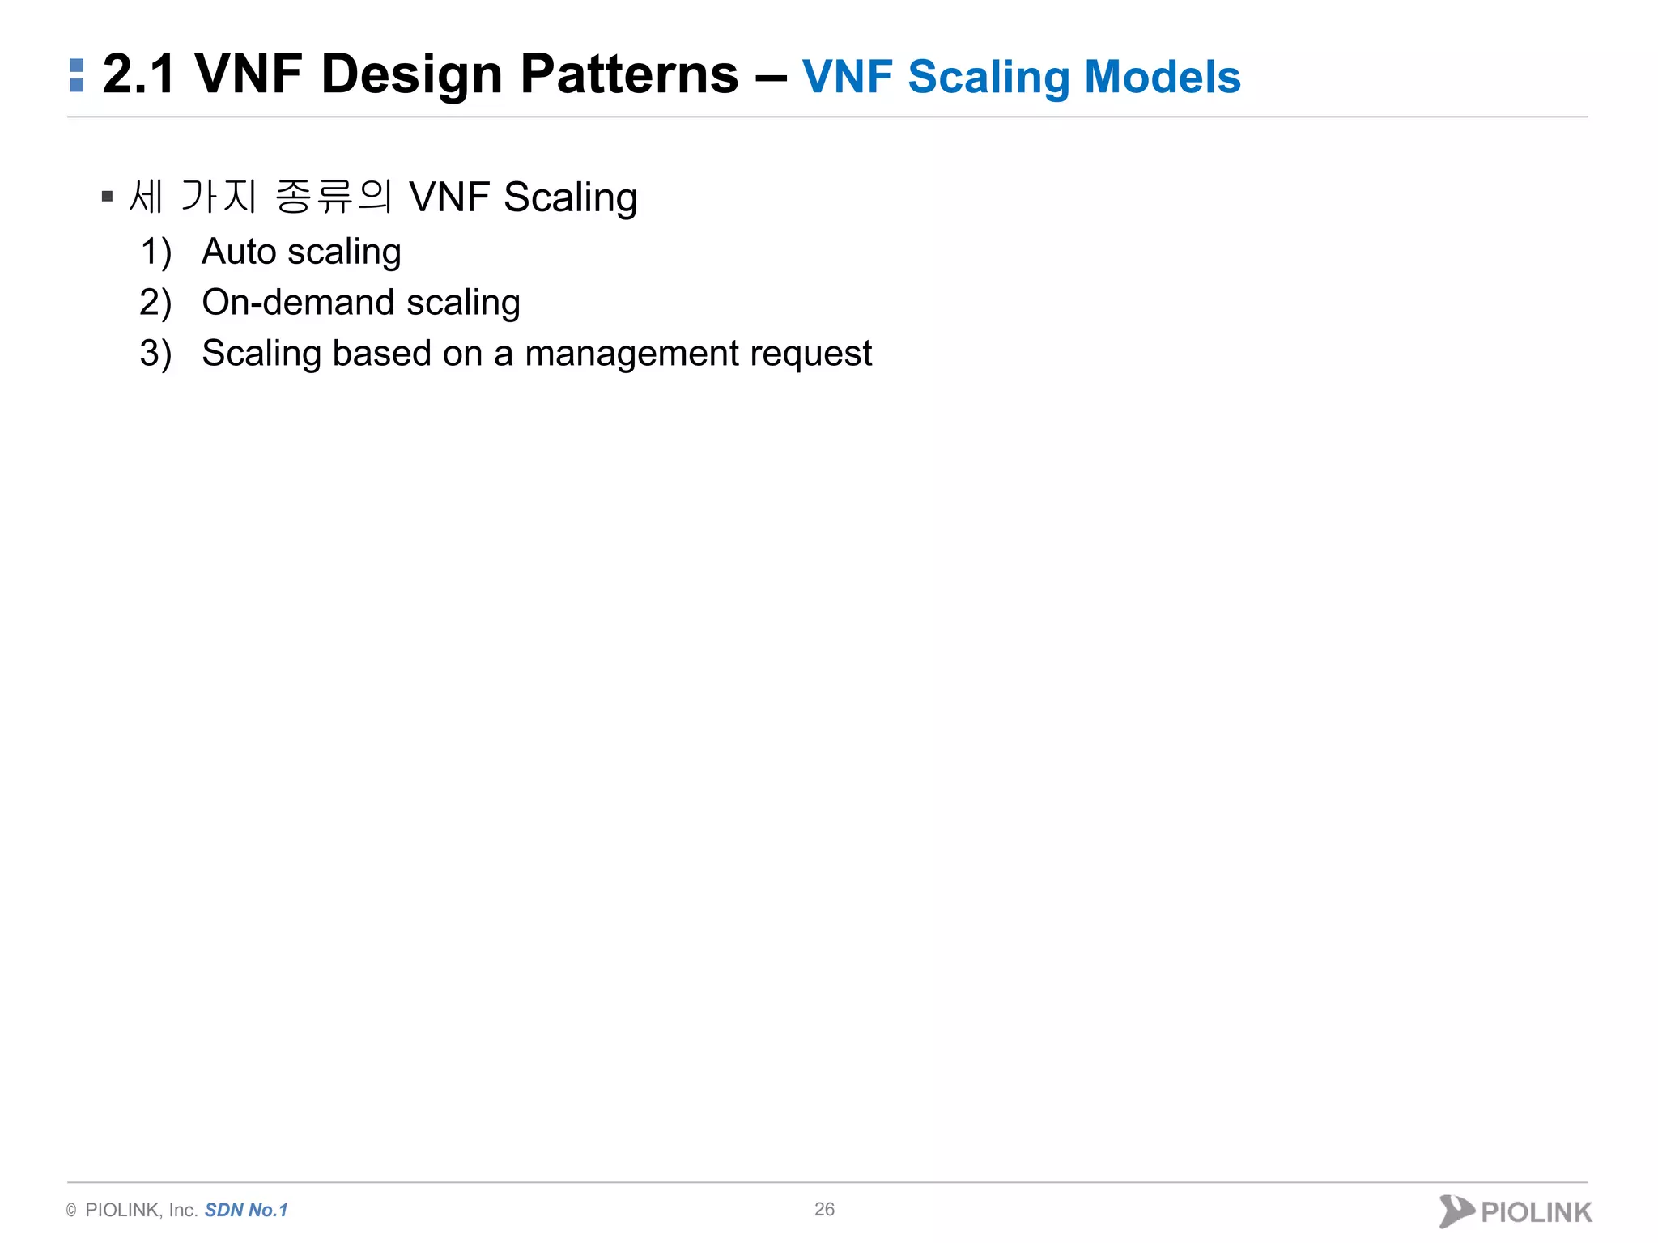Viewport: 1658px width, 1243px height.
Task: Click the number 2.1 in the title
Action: pyautogui.click(x=138, y=74)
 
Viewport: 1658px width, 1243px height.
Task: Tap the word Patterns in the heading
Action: pyautogui.click(x=629, y=74)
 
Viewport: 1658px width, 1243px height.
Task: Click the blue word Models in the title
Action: pyautogui.click(x=1162, y=77)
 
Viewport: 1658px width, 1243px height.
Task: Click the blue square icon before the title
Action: pyautogui.click(x=77, y=75)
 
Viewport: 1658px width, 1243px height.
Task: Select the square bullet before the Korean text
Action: pyautogui.click(x=107, y=197)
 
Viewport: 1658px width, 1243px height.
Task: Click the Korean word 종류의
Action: pyautogui.click(x=334, y=197)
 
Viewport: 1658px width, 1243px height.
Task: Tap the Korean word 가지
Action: pyautogui.click(x=219, y=197)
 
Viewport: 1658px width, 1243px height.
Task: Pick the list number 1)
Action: pyautogui.click(x=155, y=252)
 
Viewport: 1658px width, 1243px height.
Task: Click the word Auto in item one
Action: pyautogui.click(x=239, y=252)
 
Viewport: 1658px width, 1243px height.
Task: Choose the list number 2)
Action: pyautogui.click(x=155, y=303)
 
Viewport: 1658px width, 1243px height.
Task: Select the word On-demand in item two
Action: pyautogui.click(x=297, y=303)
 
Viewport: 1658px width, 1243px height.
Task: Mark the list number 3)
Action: pyautogui.click(x=155, y=354)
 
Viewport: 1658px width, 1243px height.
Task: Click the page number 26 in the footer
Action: pyautogui.click(x=824, y=1209)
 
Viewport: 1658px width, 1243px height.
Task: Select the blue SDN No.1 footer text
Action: pyautogui.click(x=246, y=1210)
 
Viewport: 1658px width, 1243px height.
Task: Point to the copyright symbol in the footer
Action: pyautogui.click(x=71, y=1211)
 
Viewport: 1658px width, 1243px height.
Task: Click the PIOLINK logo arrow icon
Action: pyautogui.click(x=1456, y=1211)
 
